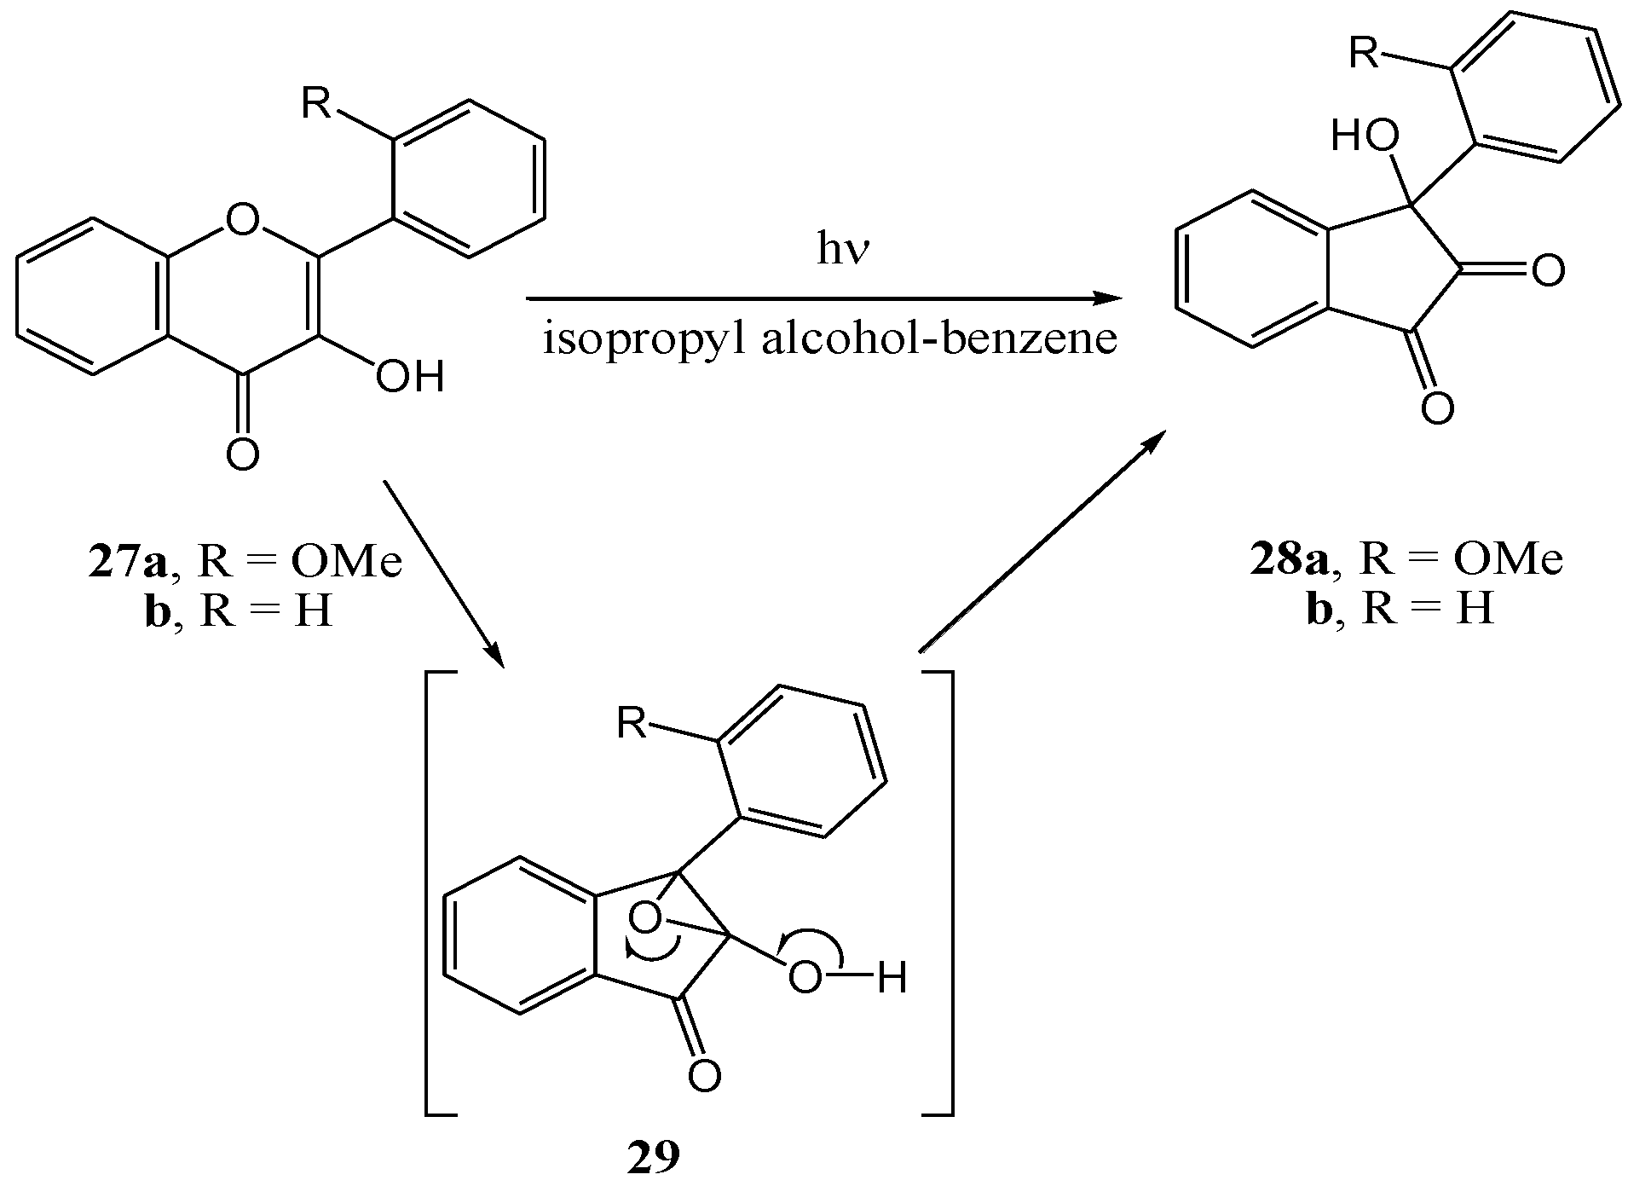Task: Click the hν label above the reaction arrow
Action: (841, 253)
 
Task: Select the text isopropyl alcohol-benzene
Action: (830, 340)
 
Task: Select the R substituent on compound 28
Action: (1365, 53)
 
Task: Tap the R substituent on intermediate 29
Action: (631, 724)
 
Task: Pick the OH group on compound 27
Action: (411, 376)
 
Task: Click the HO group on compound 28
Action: (1365, 136)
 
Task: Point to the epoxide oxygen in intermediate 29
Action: (644, 918)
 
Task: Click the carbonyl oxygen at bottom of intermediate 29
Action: (704, 1076)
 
